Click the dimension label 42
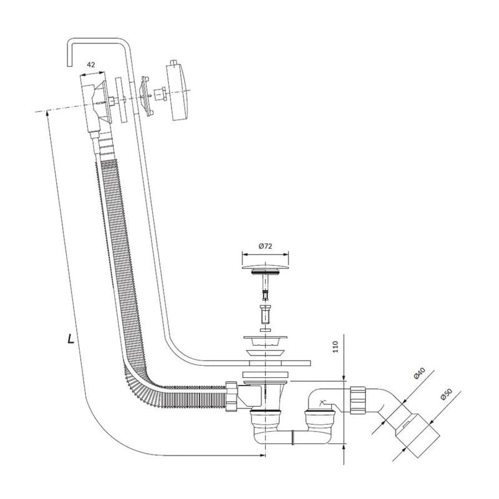click(90, 65)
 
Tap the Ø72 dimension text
click(266, 246)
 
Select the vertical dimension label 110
click(336, 347)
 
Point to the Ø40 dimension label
click(419, 373)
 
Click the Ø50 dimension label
click(447, 394)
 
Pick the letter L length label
click(70, 339)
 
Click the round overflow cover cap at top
click(177, 92)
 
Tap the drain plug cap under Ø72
click(266, 267)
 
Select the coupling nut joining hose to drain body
click(231, 396)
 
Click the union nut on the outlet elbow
click(359, 400)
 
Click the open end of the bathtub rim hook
click(69, 66)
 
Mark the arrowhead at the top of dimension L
click(47, 112)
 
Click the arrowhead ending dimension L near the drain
click(263, 455)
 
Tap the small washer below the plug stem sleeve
click(265, 330)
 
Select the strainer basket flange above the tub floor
click(265, 341)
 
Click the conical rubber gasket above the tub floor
click(265, 353)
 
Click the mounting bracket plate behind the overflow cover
click(146, 95)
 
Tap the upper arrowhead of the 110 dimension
click(344, 378)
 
